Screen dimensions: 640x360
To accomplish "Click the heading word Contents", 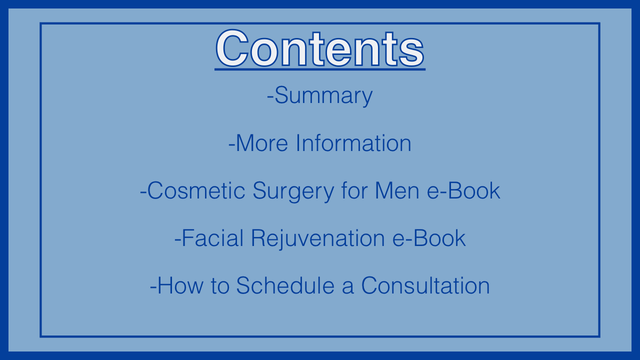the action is point(320,48).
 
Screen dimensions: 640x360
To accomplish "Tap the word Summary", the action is point(323,96).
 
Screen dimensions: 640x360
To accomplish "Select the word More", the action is point(262,143).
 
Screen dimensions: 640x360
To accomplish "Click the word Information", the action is point(353,143).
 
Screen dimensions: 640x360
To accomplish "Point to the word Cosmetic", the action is point(196,190).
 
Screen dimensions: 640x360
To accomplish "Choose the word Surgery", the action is point(293,191).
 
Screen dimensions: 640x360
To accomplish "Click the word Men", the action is point(397,190).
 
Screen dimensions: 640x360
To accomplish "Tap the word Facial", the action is point(212,238).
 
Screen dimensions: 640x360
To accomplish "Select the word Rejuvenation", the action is point(318,239).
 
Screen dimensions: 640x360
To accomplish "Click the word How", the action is point(180,285).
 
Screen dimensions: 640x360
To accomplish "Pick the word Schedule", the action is point(285,285).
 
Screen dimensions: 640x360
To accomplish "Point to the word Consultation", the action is point(425,285).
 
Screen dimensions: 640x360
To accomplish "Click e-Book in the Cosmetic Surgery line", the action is point(463,190).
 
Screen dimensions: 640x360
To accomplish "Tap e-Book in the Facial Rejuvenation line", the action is point(429,238).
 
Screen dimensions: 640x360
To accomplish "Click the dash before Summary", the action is point(270,97).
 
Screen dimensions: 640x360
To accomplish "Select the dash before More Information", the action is point(231,145).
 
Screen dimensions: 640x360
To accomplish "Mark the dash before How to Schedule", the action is point(153,287).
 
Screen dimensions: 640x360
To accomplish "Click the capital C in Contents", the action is point(232,48).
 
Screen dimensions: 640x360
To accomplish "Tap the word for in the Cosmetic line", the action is point(354,190).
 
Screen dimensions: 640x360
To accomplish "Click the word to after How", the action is point(220,286).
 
